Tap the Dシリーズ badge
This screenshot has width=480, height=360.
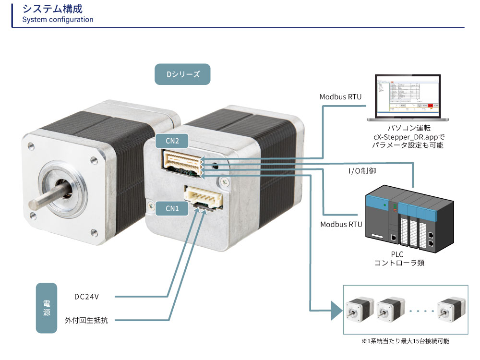coord(182,74)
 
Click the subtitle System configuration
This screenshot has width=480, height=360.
coord(58,20)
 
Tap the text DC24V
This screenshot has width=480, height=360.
coord(86,297)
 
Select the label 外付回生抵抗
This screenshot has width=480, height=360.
coord(86,320)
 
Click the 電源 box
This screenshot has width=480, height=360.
coord(47,308)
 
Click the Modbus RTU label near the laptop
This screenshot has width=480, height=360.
coord(341,96)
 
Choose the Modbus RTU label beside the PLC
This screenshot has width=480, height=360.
coord(341,224)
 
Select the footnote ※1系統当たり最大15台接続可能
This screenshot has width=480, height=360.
coord(406,341)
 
